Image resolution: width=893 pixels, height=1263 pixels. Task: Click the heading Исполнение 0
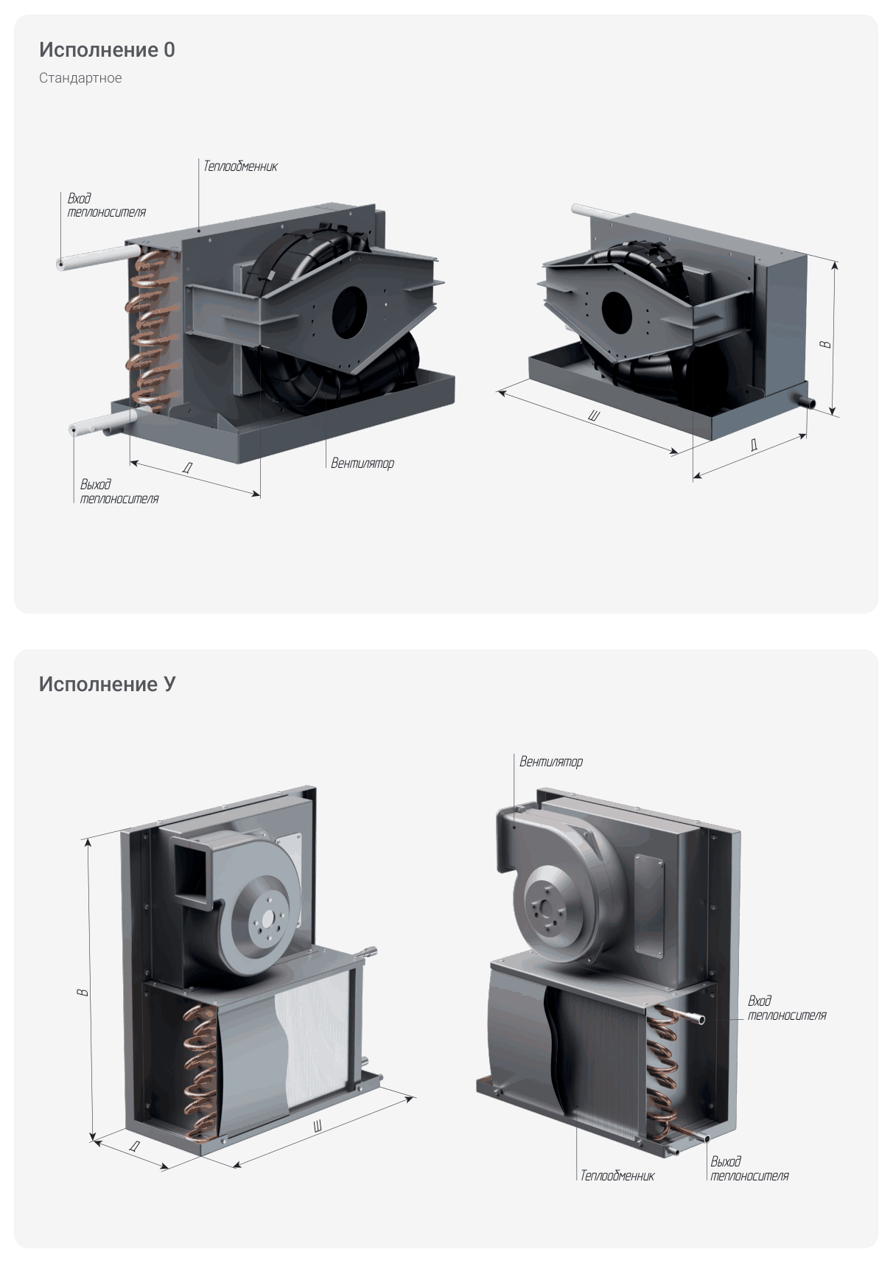coord(107,50)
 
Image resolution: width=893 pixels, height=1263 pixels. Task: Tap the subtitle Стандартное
coord(80,78)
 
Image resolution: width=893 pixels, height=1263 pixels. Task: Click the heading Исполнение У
coord(107,685)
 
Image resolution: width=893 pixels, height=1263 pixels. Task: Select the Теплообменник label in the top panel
coord(240,167)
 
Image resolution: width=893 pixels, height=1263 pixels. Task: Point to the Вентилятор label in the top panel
coord(362,463)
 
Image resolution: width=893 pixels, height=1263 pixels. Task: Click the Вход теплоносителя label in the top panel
coord(106,206)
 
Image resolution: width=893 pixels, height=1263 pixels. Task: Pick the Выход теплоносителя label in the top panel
coord(119,491)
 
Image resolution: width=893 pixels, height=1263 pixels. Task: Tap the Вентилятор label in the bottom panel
coord(551,762)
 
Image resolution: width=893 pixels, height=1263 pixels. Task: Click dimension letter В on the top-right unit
coord(826,345)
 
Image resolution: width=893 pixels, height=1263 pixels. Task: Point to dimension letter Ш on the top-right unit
coord(594,416)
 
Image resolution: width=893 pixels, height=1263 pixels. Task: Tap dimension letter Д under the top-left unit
coord(188,468)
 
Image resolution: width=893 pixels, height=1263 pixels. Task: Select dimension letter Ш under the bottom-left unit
coord(318,1127)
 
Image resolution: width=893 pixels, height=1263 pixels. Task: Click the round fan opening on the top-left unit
coord(350,312)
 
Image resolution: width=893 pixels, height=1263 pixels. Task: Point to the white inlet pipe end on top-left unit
coord(60,264)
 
